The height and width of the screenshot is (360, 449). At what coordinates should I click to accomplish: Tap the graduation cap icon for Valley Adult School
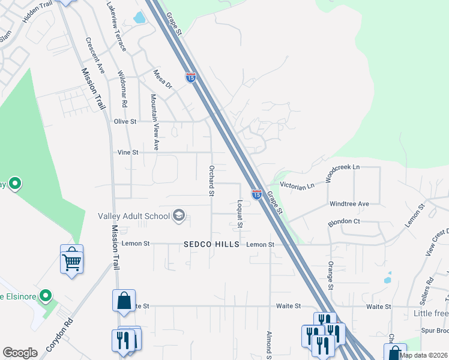tap(178, 215)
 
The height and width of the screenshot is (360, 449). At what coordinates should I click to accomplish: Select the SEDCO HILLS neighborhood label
tap(211, 245)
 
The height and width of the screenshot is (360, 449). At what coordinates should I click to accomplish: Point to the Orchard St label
tap(211, 181)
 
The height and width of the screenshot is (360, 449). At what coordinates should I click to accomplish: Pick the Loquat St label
tap(240, 214)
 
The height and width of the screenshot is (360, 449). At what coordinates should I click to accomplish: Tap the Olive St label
tap(125, 121)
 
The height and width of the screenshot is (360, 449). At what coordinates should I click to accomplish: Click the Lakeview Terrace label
tap(115, 25)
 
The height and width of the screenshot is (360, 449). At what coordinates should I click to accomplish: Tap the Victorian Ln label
tap(299, 187)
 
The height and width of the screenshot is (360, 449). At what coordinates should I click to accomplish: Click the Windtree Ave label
tap(349, 204)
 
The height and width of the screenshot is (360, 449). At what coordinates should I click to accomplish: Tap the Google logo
tap(20, 353)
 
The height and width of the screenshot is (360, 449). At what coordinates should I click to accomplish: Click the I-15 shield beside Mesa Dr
tap(191, 78)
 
